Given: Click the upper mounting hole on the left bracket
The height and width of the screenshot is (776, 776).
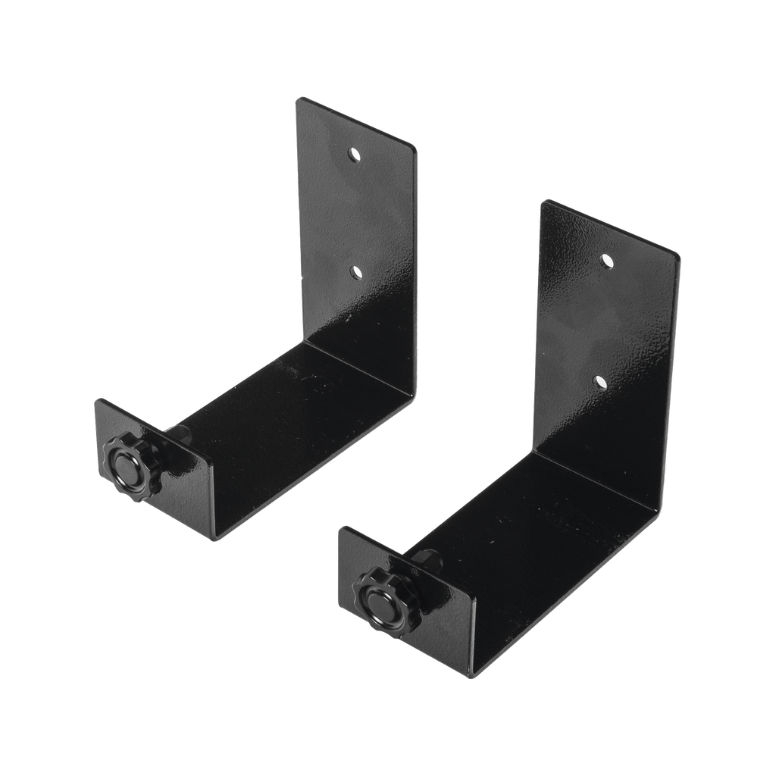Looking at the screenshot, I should (x=353, y=155).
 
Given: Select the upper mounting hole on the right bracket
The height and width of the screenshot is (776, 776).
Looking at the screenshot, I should (x=606, y=261).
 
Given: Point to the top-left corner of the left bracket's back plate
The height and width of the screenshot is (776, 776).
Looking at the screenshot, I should (x=298, y=98).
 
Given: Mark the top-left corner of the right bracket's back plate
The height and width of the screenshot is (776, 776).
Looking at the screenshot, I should (x=543, y=201).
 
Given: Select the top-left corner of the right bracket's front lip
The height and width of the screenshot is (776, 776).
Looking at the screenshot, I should (x=340, y=527).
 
